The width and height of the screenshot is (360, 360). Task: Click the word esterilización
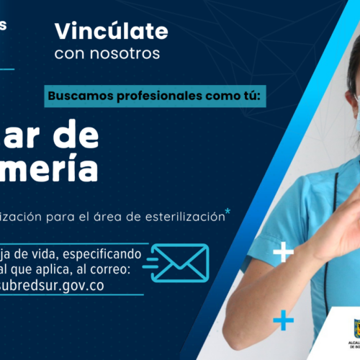pyautogui.click(x=186, y=217)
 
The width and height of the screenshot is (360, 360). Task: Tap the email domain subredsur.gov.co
pyautogui.click(x=72, y=285)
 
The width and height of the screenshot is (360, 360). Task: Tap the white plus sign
pyautogui.click(x=283, y=252)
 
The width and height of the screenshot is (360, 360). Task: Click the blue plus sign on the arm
pyautogui.click(x=284, y=319)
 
